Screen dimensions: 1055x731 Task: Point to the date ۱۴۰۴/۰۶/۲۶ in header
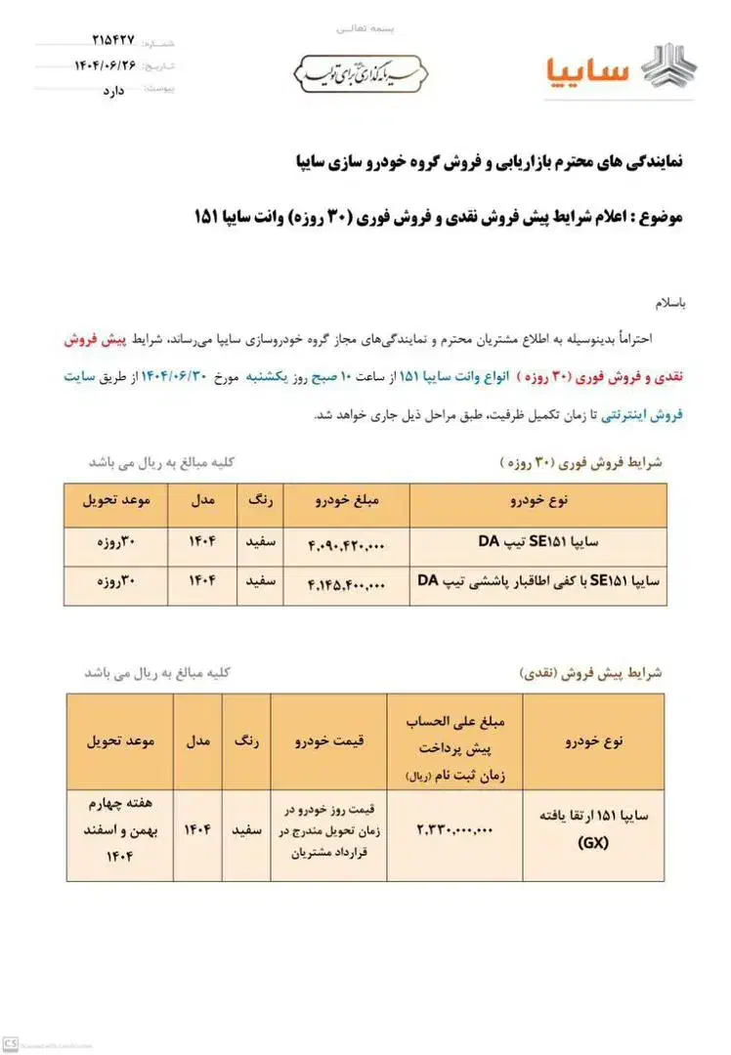point(107,64)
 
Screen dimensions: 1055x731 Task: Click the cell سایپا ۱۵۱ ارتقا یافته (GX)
point(593,830)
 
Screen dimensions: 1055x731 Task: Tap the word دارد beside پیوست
point(114,89)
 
